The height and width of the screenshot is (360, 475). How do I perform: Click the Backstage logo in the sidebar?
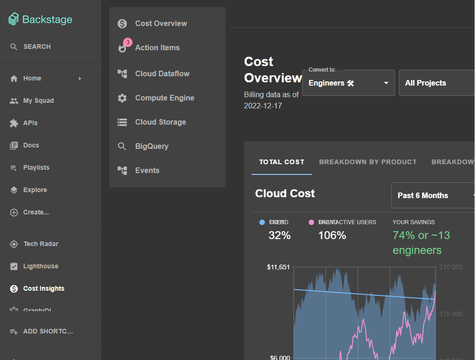pos(40,19)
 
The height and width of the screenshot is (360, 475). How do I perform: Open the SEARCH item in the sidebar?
pos(37,47)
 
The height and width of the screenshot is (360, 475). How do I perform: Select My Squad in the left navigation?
pos(38,100)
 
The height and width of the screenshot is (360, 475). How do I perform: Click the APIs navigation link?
pos(30,123)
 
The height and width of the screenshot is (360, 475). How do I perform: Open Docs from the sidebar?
pos(31,145)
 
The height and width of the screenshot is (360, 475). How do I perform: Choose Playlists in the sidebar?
pos(36,167)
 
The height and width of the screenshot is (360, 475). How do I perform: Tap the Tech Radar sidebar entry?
pos(40,244)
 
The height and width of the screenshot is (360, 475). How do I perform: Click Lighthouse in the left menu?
pos(40,266)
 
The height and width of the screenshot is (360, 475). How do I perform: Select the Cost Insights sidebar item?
pos(44,288)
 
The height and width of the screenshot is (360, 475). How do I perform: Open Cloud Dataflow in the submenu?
pos(162,73)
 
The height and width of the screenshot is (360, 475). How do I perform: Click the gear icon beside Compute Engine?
pos(122,98)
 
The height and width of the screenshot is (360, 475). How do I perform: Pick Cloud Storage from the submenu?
pos(160,122)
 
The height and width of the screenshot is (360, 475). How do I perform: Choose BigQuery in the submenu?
pos(152,146)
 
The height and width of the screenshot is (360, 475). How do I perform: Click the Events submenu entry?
pos(147,170)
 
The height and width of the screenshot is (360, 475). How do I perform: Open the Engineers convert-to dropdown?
pos(349,83)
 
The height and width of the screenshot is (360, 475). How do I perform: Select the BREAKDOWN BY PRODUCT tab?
pos(368,162)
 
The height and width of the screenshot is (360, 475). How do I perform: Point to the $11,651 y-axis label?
pos(278,267)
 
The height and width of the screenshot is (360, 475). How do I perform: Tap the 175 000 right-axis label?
pos(451,314)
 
